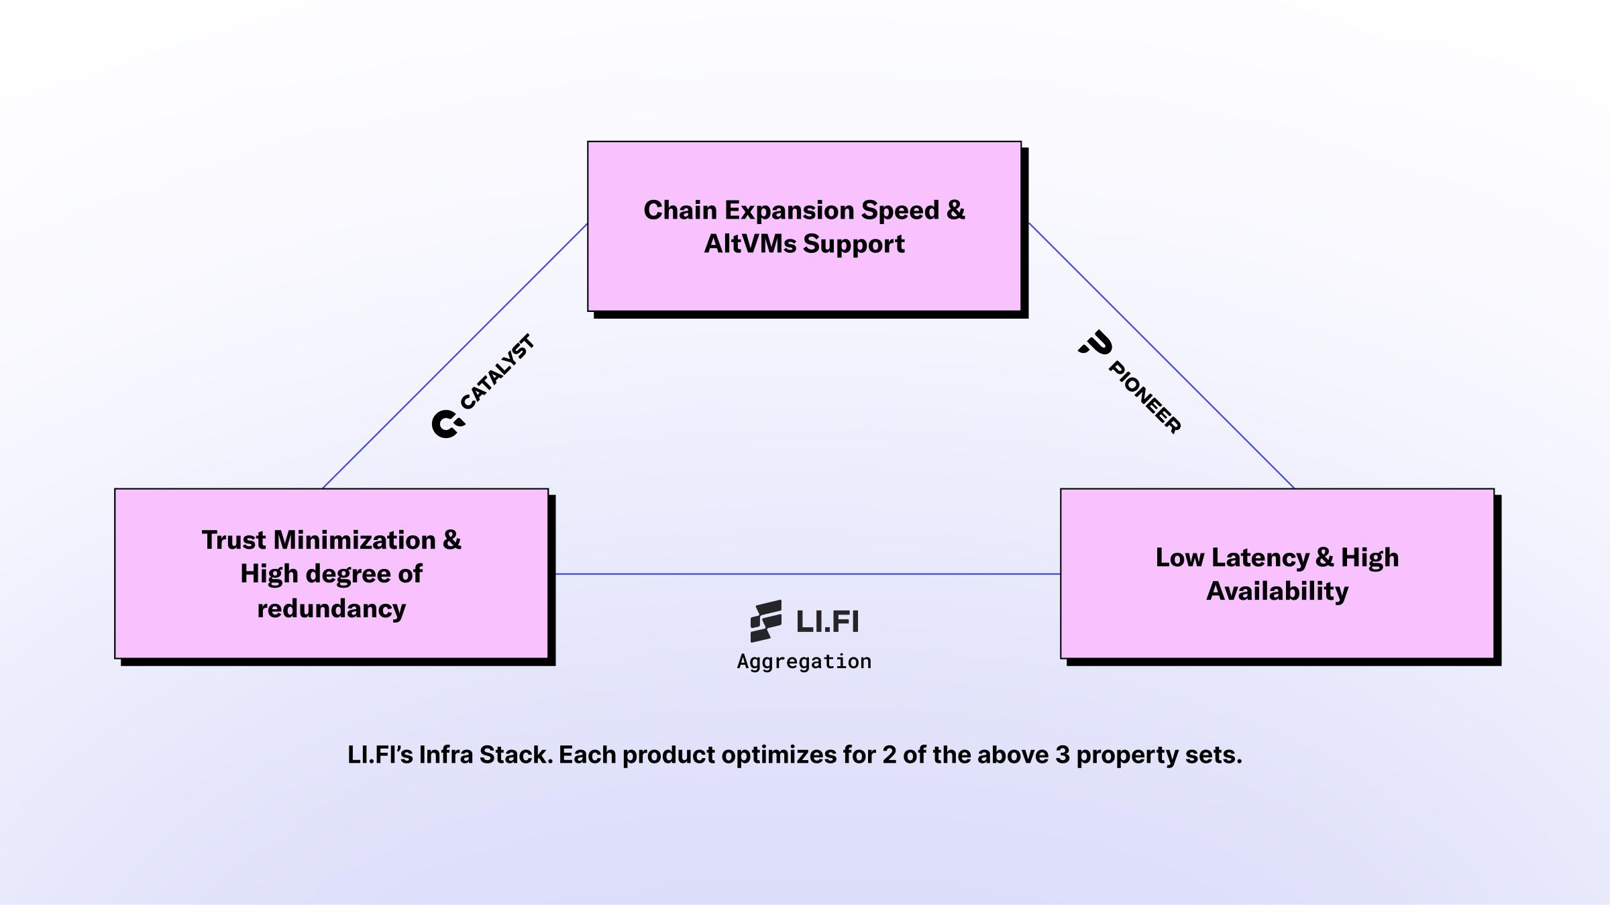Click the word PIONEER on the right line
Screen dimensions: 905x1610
[x=1144, y=397]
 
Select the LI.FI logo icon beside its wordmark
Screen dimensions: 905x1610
[x=766, y=621]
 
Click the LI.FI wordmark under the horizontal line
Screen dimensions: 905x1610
[x=827, y=621]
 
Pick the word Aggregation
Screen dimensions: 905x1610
[x=804, y=661]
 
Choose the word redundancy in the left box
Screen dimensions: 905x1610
[x=331, y=608]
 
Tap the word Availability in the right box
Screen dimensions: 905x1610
[x=1277, y=591]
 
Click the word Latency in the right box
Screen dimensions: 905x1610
[x=1260, y=557]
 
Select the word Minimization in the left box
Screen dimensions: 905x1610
[x=355, y=540]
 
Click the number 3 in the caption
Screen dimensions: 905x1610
[x=1062, y=755]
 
